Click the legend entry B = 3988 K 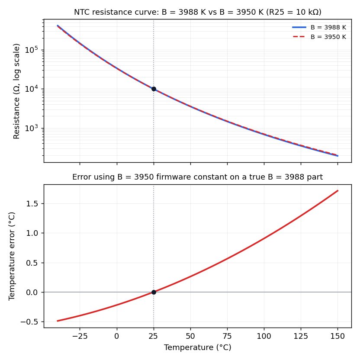click(319, 27)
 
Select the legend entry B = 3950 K click(319, 37)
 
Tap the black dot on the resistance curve click(154, 89)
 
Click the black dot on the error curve click(154, 292)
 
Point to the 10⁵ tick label click(31, 50)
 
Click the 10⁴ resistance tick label click(31, 89)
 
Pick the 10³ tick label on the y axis click(31, 128)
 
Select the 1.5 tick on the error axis click(32, 204)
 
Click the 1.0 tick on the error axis click(32, 233)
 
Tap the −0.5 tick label click(29, 321)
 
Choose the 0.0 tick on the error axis click(32, 292)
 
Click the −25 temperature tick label click(80, 336)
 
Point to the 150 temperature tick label click(337, 336)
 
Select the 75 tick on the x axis click(227, 336)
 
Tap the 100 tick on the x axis click(264, 336)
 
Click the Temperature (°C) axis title click(197, 347)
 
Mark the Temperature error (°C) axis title click(12, 256)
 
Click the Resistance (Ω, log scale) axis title click(16, 91)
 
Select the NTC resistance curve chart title click(197, 12)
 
